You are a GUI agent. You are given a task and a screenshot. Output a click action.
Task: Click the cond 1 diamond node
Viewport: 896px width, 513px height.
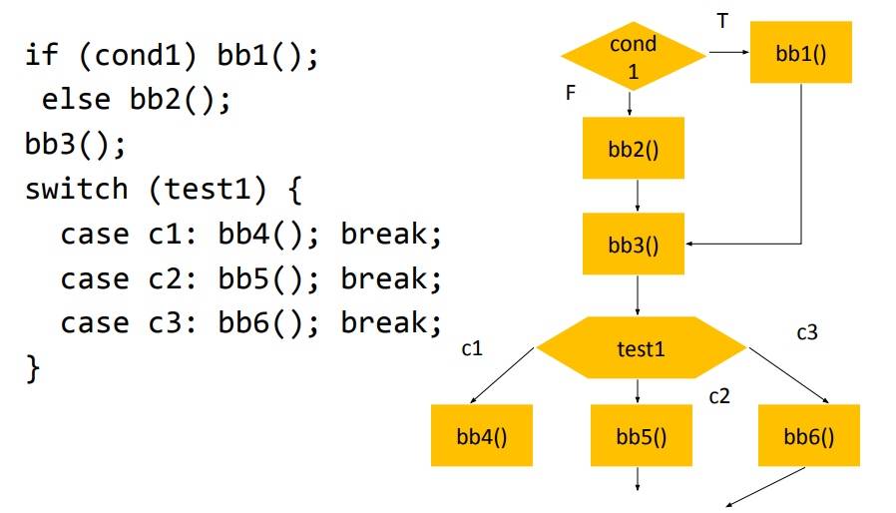point(634,56)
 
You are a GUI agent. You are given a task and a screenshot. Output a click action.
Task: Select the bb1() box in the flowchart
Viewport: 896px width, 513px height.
point(800,53)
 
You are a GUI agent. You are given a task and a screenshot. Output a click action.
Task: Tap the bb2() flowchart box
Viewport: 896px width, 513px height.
point(634,149)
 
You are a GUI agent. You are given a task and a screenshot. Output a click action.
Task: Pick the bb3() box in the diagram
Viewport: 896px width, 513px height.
point(634,244)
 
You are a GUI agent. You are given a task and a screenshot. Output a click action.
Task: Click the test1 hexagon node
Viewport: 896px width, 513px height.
point(641,348)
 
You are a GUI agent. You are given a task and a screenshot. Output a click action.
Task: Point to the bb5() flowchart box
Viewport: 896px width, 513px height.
point(641,436)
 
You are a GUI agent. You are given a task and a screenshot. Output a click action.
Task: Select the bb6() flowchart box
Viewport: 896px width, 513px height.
point(808,436)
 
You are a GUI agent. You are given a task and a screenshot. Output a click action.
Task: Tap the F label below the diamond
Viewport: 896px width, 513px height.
point(571,93)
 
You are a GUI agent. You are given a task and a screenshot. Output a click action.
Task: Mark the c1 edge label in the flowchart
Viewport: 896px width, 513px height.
point(472,348)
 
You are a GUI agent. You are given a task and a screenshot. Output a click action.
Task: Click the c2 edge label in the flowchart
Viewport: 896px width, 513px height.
point(719,396)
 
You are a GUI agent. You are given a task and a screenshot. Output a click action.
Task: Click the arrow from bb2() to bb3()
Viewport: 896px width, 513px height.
point(638,196)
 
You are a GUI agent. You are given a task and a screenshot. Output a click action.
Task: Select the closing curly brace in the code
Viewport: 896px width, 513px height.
point(34,367)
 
